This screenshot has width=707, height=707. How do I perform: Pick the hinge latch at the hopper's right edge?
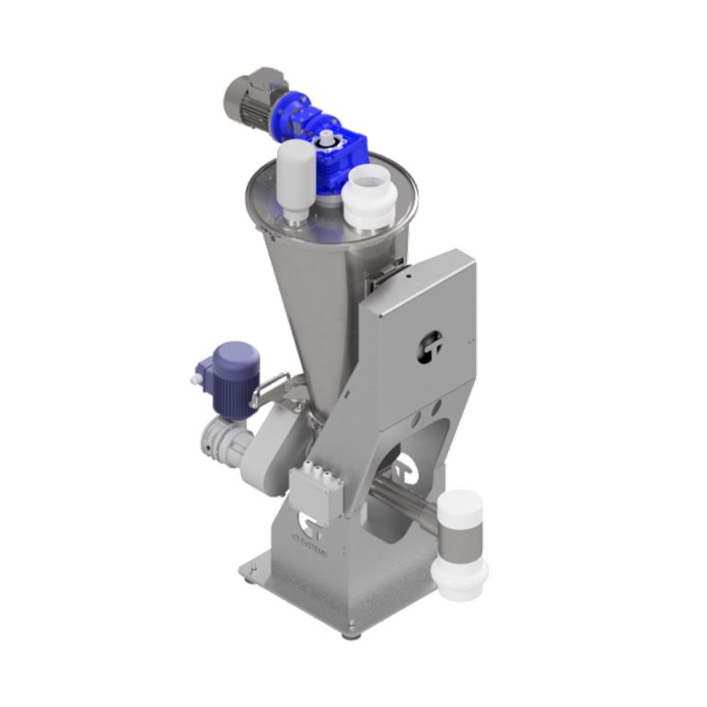390,268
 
